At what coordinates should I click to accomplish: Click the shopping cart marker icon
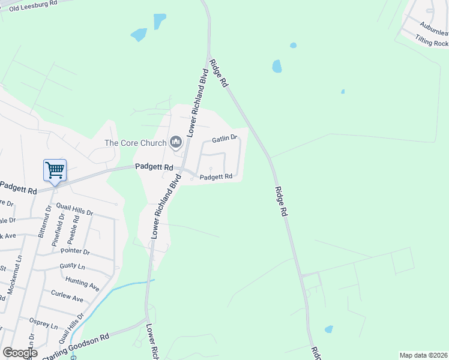coord(55,170)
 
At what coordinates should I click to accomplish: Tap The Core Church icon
coord(176,142)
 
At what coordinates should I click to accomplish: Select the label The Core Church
coord(136,143)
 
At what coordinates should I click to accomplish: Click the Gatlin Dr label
coord(225,139)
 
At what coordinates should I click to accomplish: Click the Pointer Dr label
coord(74,252)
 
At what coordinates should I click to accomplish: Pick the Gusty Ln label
coord(72,266)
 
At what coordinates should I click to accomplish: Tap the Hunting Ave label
coord(82,283)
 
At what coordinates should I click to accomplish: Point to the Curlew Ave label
coord(67,297)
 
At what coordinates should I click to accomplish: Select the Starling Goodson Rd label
coord(75,346)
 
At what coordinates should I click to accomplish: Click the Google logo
coord(20,353)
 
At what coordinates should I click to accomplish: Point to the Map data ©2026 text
coord(423,355)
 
